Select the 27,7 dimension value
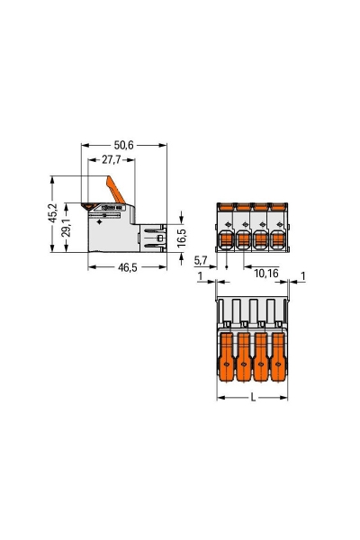click(112, 158)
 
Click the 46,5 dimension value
click(126, 268)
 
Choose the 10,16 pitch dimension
click(267, 271)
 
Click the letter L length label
click(252, 397)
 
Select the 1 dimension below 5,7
click(200, 275)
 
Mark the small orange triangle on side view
click(90, 206)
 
